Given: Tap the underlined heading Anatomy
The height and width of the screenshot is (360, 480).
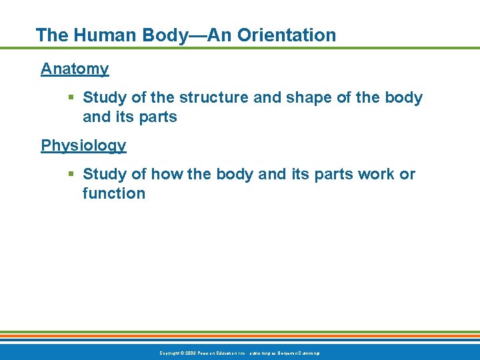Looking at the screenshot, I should pos(75,69).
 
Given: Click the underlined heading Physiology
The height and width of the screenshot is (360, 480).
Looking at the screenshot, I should pos(83,145).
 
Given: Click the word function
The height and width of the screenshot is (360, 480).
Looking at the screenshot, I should pos(114,194).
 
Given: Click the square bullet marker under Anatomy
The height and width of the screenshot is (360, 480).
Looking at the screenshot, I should pos(71,98).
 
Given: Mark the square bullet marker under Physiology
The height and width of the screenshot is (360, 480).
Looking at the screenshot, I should pos(71,175).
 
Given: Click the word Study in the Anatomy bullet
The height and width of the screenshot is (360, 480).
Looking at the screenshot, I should pos(105,98).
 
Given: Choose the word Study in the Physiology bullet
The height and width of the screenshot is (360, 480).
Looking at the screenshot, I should pos(105,175).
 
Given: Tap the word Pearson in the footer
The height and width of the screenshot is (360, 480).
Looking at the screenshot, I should pos(207,352).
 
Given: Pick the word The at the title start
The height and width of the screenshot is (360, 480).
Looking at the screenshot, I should pos(51,35).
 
